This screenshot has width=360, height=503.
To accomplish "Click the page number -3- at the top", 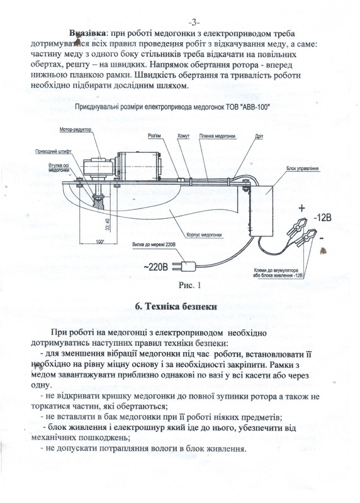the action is click(194, 23).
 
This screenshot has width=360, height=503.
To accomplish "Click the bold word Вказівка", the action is click(87, 33).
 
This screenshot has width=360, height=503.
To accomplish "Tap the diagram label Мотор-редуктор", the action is click(76, 130).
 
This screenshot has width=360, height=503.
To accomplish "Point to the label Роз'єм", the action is click(154, 136).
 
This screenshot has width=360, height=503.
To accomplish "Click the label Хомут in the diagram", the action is click(183, 136).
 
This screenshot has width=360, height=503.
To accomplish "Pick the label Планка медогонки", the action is click(217, 136).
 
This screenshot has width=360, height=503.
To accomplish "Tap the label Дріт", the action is click(259, 136).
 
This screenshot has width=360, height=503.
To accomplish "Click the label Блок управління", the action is click(302, 168).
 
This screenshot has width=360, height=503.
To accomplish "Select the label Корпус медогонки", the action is click(204, 235).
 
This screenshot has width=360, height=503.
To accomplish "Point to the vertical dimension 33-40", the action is click(107, 224).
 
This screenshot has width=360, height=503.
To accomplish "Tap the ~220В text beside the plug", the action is click(155, 266).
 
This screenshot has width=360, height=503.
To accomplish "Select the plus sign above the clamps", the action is click(301, 208).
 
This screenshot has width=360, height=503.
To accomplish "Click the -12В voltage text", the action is click(322, 218).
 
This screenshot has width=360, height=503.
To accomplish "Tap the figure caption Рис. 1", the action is click(189, 285).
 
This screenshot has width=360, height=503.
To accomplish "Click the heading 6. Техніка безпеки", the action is click(176, 306).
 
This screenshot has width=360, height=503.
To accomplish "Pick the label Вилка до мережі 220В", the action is click(154, 245).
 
